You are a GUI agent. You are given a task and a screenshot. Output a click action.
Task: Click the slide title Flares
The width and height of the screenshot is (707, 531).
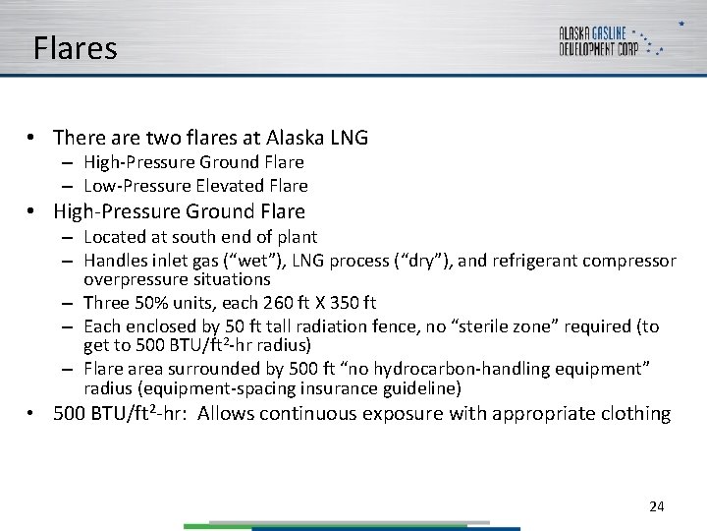(x=75, y=48)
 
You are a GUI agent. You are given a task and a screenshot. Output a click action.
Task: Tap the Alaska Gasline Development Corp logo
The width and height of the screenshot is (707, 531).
(x=610, y=40)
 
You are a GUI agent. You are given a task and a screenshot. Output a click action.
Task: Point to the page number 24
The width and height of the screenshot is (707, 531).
(x=657, y=506)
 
